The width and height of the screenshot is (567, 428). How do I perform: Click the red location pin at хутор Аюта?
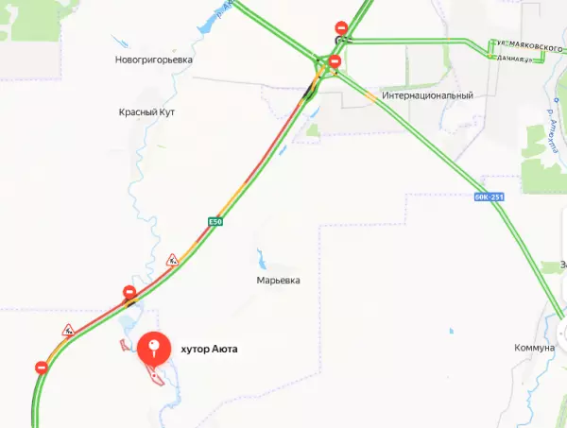pyautogui.click(x=154, y=349)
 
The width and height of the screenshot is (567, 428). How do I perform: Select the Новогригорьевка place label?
pyautogui.click(x=154, y=59)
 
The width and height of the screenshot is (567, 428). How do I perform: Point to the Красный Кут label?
pyautogui.click(x=146, y=112)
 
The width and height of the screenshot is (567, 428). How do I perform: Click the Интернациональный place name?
pyautogui.click(x=426, y=96)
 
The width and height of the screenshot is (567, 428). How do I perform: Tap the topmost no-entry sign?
pyautogui.click(x=340, y=29)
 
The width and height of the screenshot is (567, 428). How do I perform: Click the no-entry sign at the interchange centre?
pyautogui.click(x=335, y=62)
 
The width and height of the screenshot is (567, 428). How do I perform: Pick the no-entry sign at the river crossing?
pyautogui.click(x=129, y=292)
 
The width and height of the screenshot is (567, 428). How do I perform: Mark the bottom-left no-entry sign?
pyautogui.click(x=41, y=367)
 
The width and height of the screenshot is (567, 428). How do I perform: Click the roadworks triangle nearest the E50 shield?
pyautogui.click(x=172, y=260)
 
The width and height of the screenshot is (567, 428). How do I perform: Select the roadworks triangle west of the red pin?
pyautogui.click(x=68, y=331)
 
